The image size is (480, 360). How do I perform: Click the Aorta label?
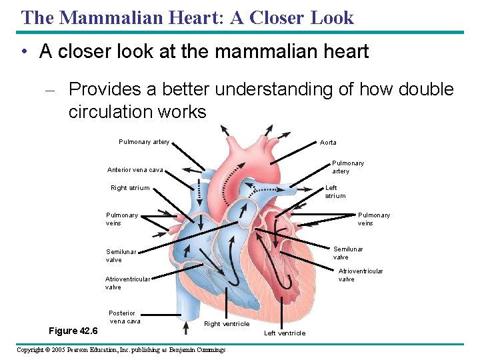(x=328, y=143)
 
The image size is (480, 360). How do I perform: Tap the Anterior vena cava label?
(x=135, y=169)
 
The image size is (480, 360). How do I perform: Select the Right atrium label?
(x=130, y=188)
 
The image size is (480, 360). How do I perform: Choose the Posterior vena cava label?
(x=124, y=317)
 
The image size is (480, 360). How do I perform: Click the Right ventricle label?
(x=227, y=324)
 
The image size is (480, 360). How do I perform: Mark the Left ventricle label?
(x=285, y=333)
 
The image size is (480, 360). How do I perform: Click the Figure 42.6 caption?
(x=73, y=331)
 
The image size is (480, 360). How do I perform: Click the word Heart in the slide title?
(x=195, y=18)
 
